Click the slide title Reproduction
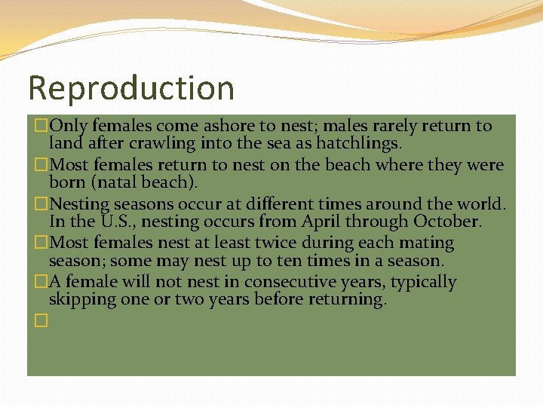tap(131, 88)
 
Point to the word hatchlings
tap(360, 142)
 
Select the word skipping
tap(81, 300)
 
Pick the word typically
tap(419, 283)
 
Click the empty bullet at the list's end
tap(41, 320)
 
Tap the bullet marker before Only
tap(41, 126)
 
